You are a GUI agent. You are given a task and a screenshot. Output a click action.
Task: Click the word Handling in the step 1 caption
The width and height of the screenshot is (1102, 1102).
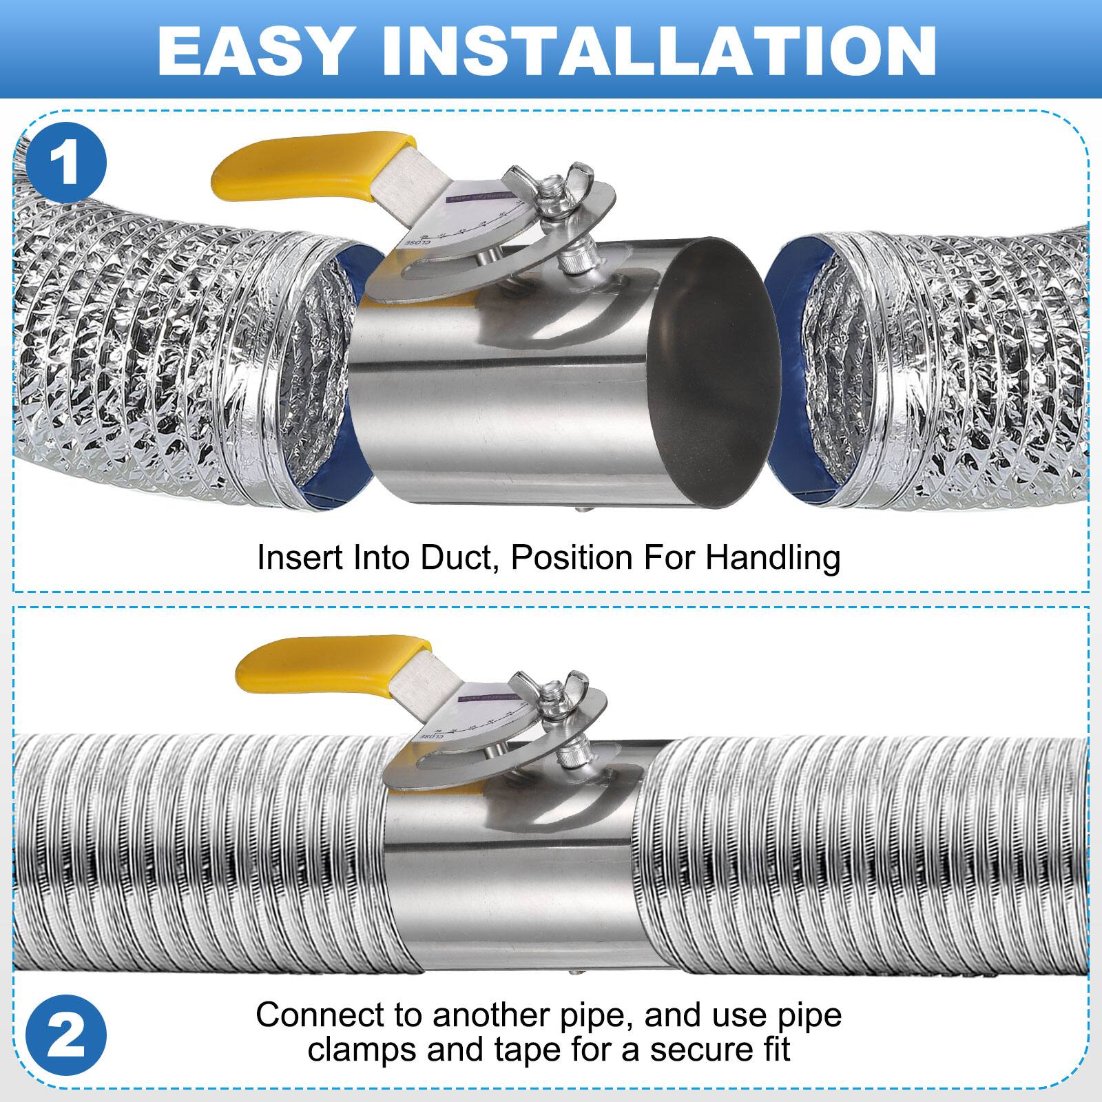(772, 558)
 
